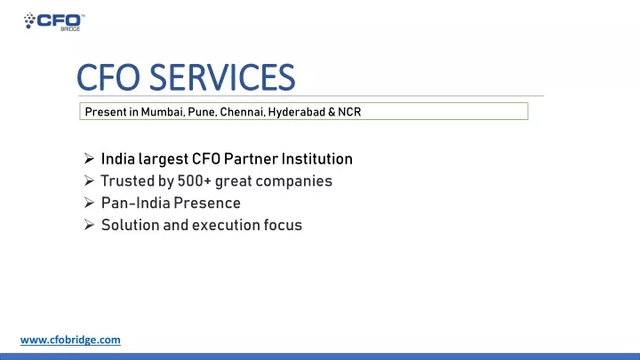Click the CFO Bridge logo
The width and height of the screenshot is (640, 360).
coord(54,21)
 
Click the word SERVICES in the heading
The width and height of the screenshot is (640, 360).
coord(222,77)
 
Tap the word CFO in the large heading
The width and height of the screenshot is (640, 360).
coord(108,77)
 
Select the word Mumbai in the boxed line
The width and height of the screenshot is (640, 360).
coord(163,112)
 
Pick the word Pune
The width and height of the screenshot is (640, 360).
coord(202,112)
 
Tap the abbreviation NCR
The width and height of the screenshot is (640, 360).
coord(349,112)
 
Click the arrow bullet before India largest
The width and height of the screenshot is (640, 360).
coord(89,158)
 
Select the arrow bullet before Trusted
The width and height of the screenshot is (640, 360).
coord(89,180)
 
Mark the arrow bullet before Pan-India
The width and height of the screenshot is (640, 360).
coord(89,203)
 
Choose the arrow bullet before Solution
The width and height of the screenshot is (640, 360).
coord(89,225)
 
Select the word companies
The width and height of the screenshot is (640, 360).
coord(294,181)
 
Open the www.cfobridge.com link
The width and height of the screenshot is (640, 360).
coord(70,340)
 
